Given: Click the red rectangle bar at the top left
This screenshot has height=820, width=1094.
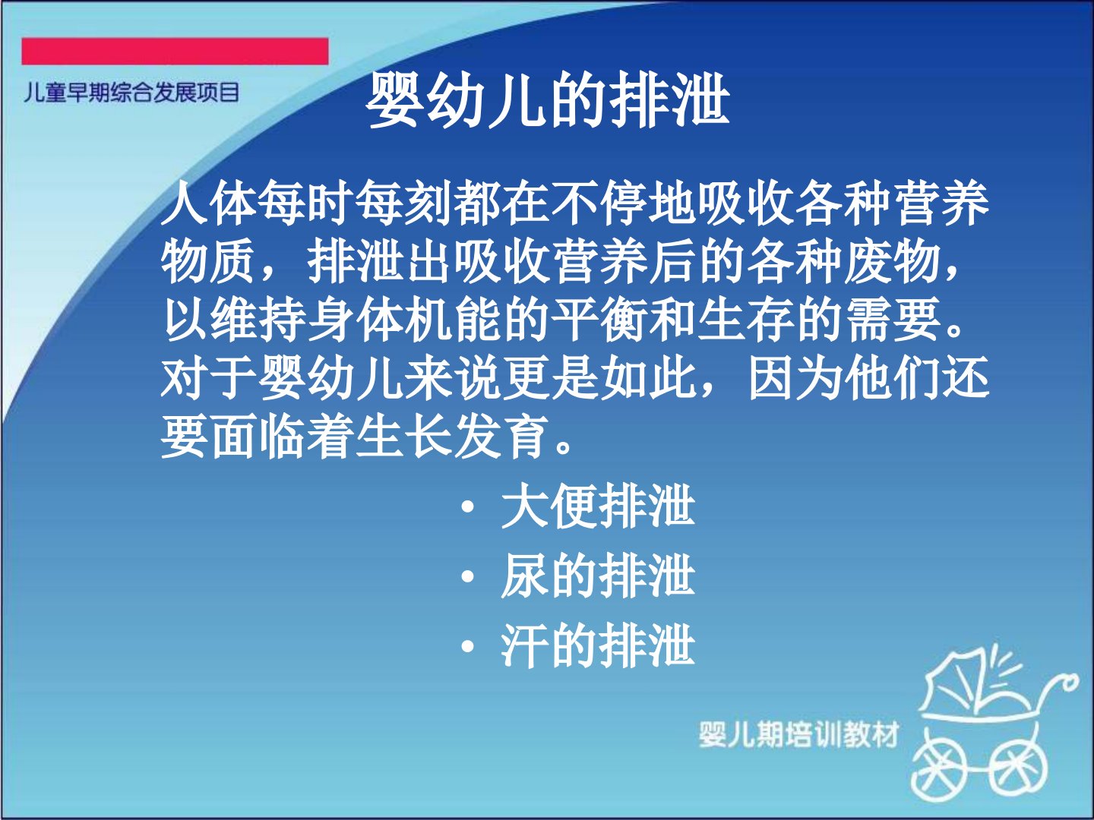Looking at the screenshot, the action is pyautogui.click(x=175, y=52).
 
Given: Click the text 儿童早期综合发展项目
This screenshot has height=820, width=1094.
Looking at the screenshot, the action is pyautogui.click(x=131, y=93).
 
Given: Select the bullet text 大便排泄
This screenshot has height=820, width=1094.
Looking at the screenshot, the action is pyautogui.click(x=598, y=507).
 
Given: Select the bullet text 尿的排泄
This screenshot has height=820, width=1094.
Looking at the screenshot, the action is pyautogui.click(x=598, y=577).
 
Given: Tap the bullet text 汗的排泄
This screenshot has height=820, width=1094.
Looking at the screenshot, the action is pyautogui.click(x=598, y=647).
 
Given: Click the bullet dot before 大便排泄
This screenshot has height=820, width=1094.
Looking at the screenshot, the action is pyautogui.click(x=467, y=508).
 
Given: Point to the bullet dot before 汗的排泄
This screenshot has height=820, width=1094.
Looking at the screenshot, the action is pyautogui.click(x=467, y=647).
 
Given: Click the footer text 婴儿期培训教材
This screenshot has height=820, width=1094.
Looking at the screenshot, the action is pyautogui.click(x=798, y=734).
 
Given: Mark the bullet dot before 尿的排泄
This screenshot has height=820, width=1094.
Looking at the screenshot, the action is pyautogui.click(x=467, y=578).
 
